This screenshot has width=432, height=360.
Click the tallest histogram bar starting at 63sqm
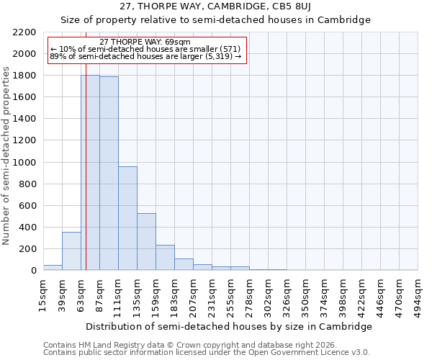pyautogui.click(x=90, y=173)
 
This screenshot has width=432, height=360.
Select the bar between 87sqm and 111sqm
pyautogui.click(x=109, y=174)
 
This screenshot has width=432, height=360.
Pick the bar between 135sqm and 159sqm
pyautogui.click(x=146, y=242)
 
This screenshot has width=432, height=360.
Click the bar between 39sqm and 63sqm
pyautogui.click(x=71, y=251)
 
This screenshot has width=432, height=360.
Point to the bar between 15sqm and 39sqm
pyautogui.click(x=53, y=267)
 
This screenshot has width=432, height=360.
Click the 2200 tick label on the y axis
pyautogui.click(x=24, y=32)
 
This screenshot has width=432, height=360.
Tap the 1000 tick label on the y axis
pyautogui.click(x=24, y=163)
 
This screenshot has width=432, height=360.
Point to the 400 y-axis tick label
pyautogui.click(x=27, y=228)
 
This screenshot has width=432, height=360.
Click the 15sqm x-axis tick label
pyautogui.click(x=43, y=295)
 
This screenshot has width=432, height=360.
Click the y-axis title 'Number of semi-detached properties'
pyautogui.click(x=7, y=156)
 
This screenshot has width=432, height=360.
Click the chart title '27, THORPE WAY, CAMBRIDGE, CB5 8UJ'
pyautogui.click(x=215, y=7)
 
